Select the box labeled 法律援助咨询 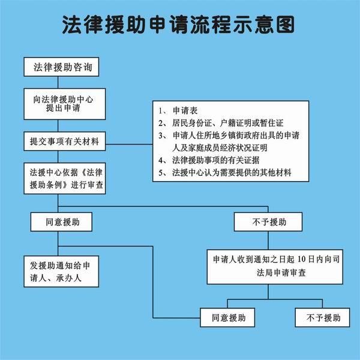click(x=61, y=67)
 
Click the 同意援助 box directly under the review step click(x=62, y=222)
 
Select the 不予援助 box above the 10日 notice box click(x=269, y=222)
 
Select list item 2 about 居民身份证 click(x=226, y=123)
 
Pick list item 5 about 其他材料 click(x=232, y=173)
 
